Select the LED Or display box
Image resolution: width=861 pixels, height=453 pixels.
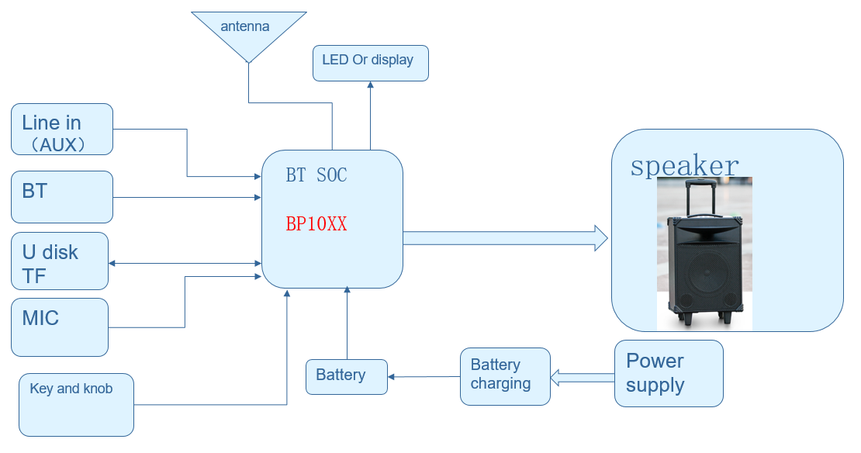[370, 63]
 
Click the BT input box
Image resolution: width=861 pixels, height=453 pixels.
[62, 197]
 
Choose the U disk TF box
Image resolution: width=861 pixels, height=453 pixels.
[60, 261]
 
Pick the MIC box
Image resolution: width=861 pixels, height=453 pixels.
[60, 327]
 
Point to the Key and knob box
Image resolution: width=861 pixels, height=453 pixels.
[76, 404]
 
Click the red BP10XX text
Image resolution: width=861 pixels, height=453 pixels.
[316, 225]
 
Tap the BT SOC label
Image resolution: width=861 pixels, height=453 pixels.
[316, 176]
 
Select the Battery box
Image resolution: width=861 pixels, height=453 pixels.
[346, 376]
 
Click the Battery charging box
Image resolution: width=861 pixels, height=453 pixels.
[504, 376]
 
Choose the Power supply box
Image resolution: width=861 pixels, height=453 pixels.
[669, 373]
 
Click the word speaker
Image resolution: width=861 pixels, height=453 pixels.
[684, 166]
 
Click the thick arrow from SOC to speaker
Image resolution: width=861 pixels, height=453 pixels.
[504, 237]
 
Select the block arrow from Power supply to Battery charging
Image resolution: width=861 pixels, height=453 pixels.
[582, 378]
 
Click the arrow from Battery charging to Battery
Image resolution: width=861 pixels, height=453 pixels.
[424, 377]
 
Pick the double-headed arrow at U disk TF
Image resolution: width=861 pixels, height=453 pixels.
[185, 264]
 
